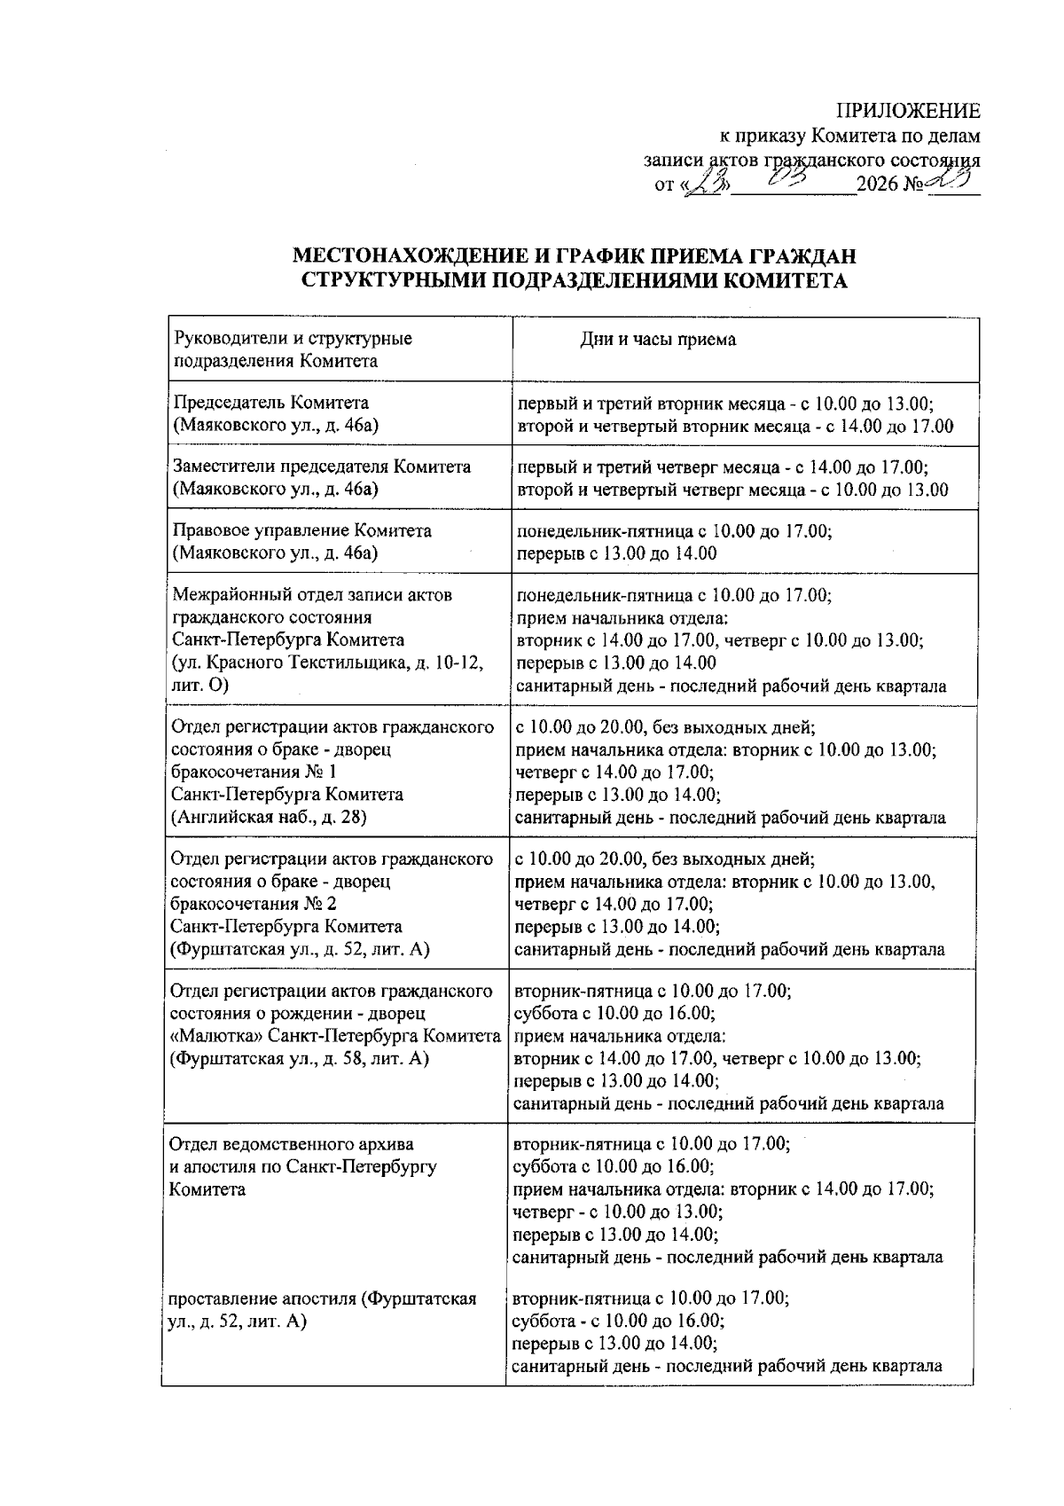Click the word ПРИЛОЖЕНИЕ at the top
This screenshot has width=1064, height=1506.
tap(908, 111)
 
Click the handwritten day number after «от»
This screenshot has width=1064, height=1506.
tap(709, 184)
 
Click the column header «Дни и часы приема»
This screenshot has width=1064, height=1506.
tap(657, 340)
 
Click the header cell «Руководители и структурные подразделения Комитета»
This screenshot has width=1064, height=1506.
tap(293, 349)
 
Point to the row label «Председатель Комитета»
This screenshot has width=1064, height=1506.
tap(270, 403)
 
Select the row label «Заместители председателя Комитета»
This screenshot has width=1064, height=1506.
tap(322, 467)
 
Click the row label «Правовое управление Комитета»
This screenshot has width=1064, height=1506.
tap(302, 530)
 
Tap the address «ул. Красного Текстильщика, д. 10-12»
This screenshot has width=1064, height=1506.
tap(328, 663)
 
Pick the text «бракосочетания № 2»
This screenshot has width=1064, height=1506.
tap(253, 904)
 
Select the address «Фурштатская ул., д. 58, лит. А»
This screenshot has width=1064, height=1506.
tap(299, 1058)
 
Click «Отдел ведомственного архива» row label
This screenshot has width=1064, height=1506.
tap(291, 1144)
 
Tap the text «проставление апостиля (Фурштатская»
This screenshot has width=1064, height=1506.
tap(323, 1298)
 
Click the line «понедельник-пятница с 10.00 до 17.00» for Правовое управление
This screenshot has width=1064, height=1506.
tap(673, 530)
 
